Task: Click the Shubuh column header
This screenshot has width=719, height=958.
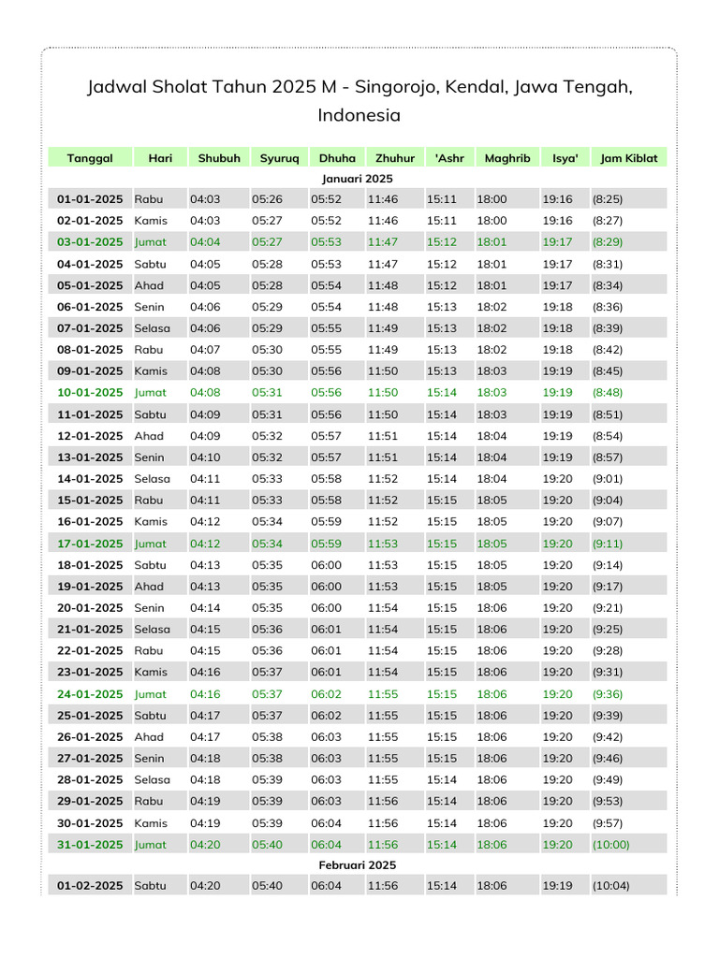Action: coord(219,158)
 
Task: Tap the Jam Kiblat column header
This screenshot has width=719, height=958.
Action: coord(629,158)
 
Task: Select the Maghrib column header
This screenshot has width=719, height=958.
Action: coord(507,158)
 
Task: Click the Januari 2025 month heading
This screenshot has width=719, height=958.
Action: coord(358,178)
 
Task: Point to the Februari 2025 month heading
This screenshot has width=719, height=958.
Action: coord(358,865)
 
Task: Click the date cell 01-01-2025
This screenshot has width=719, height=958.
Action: coord(90,199)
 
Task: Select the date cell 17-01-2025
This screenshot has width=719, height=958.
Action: coord(90,544)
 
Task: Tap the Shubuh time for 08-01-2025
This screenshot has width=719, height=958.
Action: coord(205,350)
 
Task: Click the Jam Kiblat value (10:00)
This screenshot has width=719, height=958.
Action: coord(610,845)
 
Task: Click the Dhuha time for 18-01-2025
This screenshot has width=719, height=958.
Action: coord(326,565)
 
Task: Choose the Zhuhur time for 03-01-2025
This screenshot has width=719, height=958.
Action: coord(382,242)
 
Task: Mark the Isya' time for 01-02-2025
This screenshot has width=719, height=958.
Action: coord(557,886)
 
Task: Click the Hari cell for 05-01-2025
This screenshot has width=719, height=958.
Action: coord(149,285)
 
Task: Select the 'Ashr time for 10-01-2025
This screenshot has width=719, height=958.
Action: coord(442,393)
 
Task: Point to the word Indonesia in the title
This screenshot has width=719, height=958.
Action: coord(359,116)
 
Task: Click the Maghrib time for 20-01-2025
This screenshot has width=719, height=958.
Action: coord(492,608)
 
